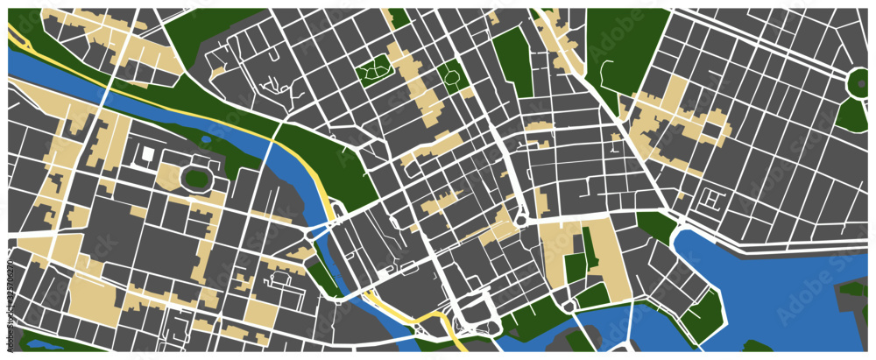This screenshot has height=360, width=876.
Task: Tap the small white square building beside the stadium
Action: (x=148, y=155)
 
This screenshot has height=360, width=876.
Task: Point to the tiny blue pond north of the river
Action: (x=206, y=138)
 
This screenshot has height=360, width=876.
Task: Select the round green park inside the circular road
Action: (x=861, y=81)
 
